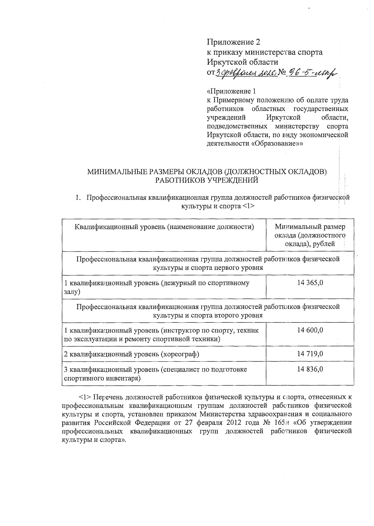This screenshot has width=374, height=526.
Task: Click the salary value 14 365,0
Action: click(x=310, y=283)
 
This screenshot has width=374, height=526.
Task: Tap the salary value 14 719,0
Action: click(x=310, y=354)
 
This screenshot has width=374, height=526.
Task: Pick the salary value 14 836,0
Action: click(x=310, y=369)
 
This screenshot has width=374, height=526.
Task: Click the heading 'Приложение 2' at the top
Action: click(x=233, y=42)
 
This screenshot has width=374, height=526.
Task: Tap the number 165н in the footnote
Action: click(x=282, y=423)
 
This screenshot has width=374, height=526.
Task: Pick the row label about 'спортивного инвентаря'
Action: click(x=155, y=374)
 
